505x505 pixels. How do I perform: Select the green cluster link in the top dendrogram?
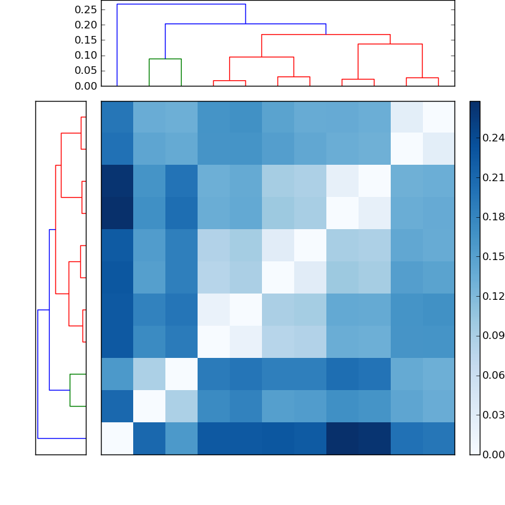click(165, 59)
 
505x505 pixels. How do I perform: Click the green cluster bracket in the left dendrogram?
click(70, 390)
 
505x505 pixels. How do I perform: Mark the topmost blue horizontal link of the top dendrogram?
click(181, 4)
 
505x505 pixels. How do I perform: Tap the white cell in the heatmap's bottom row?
click(117, 438)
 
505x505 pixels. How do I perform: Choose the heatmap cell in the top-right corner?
click(438, 117)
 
